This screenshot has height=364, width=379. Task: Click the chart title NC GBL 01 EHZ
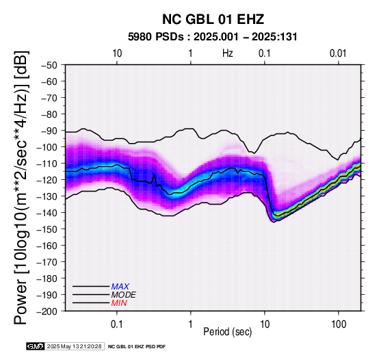[x=213, y=19]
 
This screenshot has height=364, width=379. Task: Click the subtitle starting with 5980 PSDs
[x=213, y=37]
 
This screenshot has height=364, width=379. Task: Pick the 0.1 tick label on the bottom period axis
[x=117, y=324]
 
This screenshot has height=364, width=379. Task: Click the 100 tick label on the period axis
[x=339, y=324]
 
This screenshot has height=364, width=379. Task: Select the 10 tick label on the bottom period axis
[x=265, y=324]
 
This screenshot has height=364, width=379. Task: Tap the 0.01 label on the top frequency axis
[x=338, y=53]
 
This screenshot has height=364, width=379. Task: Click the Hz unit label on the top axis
[x=228, y=53]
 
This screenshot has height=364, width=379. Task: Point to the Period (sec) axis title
[x=228, y=332]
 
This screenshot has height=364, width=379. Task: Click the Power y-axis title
[x=21, y=187]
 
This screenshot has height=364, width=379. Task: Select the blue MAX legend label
[x=120, y=287]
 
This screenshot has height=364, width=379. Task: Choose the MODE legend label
[x=123, y=295]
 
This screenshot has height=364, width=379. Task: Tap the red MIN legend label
[x=119, y=303]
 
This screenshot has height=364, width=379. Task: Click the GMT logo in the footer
[x=36, y=346]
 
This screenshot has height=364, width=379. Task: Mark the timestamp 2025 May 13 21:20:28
[x=74, y=346]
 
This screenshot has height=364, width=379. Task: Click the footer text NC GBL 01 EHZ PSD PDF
[x=137, y=347]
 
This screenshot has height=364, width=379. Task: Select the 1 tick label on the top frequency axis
[x=191, y=53]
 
